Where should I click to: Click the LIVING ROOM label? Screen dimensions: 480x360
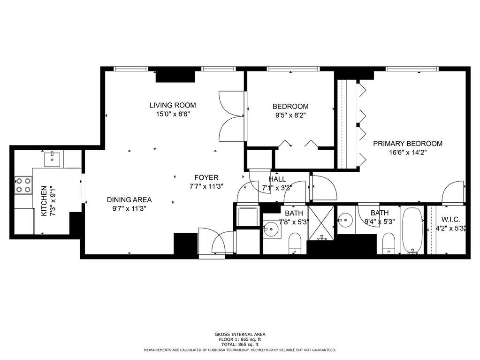click(173, 105)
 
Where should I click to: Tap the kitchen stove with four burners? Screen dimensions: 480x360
click(23, 185)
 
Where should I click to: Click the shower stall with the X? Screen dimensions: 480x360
click(321, 223)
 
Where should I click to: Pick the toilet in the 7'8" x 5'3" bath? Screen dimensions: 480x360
click(295, 244)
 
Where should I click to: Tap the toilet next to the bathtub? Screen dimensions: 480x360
click(389, 244)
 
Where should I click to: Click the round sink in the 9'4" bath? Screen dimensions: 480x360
click(346, 220)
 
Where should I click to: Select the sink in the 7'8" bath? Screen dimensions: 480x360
click(271, 229)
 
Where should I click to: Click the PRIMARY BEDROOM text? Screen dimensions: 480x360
click(407, 144)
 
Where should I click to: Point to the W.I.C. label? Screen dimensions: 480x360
click(450, 220)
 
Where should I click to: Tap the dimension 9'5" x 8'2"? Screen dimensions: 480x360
click(290, 116)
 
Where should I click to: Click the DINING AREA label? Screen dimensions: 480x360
click(129, 200)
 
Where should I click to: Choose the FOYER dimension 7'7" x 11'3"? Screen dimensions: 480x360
click(206, 186)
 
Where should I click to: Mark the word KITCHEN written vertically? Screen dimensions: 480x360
click(44, 201)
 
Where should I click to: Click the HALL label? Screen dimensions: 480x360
click(277, 179)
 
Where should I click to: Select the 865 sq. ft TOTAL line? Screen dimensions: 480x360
click(240, 345)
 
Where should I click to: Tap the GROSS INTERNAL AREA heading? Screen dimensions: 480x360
click(240, 335)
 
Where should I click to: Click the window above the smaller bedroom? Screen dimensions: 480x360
click(293, 69)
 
